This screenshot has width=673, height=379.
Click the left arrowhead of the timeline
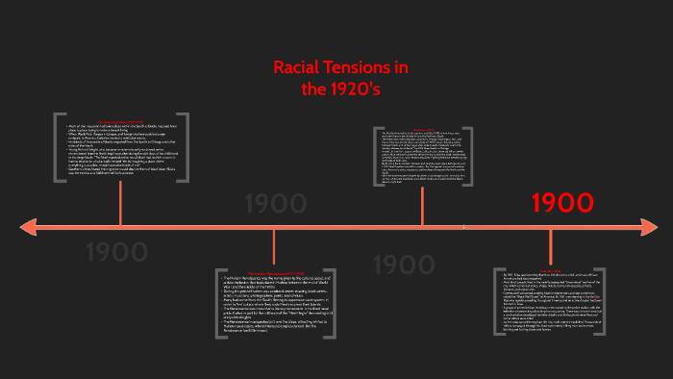(x=29, y=227)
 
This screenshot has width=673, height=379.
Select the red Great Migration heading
(x=120, y=121)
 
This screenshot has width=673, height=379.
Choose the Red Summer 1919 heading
(x=421, y=128)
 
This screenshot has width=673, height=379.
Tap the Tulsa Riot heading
(x=551, y=271)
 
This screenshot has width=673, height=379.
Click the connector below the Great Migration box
(x=120, y=202)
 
